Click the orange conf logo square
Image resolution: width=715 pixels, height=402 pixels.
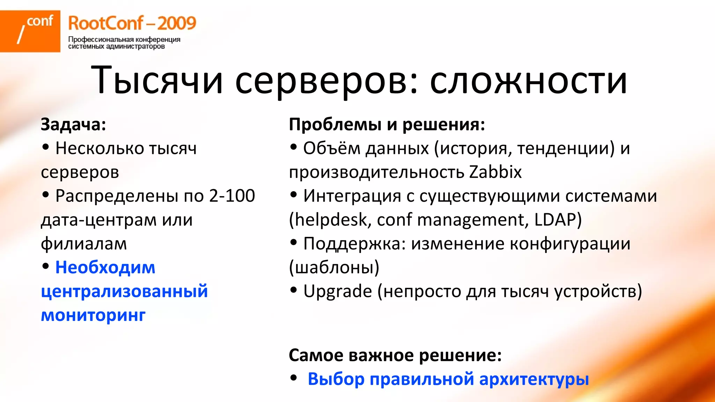click(x=30, y=31)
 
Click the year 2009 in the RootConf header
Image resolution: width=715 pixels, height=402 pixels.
click(x=177, y=23)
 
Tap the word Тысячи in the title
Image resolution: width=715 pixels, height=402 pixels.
click(x=157, y=81)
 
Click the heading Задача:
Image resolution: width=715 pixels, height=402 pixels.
click(x=73, y=124)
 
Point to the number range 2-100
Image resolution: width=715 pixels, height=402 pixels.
click(x=232, y=196)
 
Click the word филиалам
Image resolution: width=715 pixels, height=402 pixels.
click(x=84, y=244)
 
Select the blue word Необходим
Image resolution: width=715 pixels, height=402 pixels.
click(x=105, y=268)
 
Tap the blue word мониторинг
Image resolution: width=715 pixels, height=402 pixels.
click(x=93, y=315)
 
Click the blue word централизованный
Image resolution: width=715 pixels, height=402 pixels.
click(x=124, y=291)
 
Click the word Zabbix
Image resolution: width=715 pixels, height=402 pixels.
click(x=495, y=172)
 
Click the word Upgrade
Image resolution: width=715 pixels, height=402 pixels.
click(x=338, y=291)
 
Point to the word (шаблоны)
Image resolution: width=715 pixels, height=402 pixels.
click(x=334, y=268)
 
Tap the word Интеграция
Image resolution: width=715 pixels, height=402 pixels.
click(x=352, y=196)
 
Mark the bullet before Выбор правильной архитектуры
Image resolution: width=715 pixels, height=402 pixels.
click(x=294, y=378)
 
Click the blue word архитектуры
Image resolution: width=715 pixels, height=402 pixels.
click(x=534, y=379)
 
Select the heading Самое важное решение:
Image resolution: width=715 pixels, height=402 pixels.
click(x=395, y=355)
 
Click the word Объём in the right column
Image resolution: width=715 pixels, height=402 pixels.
click(x=331, y=148)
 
